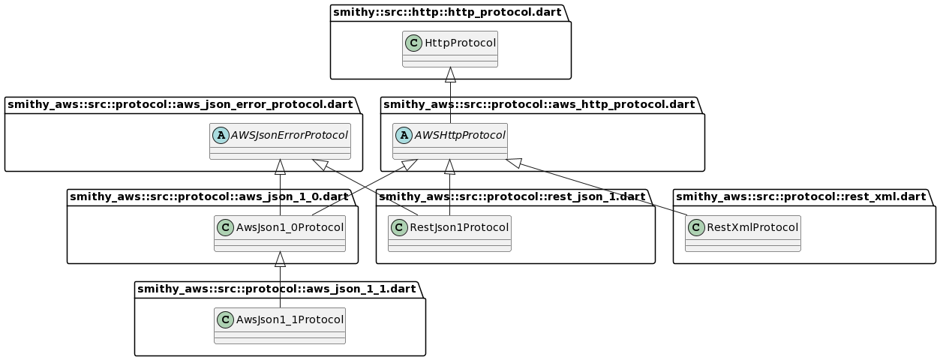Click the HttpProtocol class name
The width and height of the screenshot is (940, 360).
point(461,43)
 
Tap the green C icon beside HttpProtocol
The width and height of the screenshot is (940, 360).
point(414,43)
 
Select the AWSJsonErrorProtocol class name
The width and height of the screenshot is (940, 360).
point(289,135)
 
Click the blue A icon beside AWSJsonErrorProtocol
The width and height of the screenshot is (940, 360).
point(221,135)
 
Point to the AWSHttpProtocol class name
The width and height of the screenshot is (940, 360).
point(460,135)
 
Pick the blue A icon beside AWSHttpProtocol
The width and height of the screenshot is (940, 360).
point(404,135)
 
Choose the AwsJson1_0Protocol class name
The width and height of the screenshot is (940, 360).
point(290,227)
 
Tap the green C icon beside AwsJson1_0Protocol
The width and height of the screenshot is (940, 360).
point(226,227)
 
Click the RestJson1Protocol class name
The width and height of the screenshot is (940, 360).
point(459,227)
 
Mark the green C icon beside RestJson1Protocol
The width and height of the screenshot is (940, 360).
point(400,227)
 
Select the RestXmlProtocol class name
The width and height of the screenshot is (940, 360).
point(752,227)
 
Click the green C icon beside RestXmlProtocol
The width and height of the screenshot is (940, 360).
point(697,227)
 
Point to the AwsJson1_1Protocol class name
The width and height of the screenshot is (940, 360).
point(290,319)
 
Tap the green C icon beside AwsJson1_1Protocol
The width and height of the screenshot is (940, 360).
point(226,319)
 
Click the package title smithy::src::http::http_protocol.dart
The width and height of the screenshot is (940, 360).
point(447,12)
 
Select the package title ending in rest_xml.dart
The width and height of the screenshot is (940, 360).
point(801,196)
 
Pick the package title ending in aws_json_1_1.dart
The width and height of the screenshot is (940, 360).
point(277,289)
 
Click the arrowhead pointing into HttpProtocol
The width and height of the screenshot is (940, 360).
point(450,74)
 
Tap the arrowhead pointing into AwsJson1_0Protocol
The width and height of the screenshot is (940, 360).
point(280,259)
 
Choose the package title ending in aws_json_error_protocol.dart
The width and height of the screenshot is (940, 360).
point(180,104)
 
